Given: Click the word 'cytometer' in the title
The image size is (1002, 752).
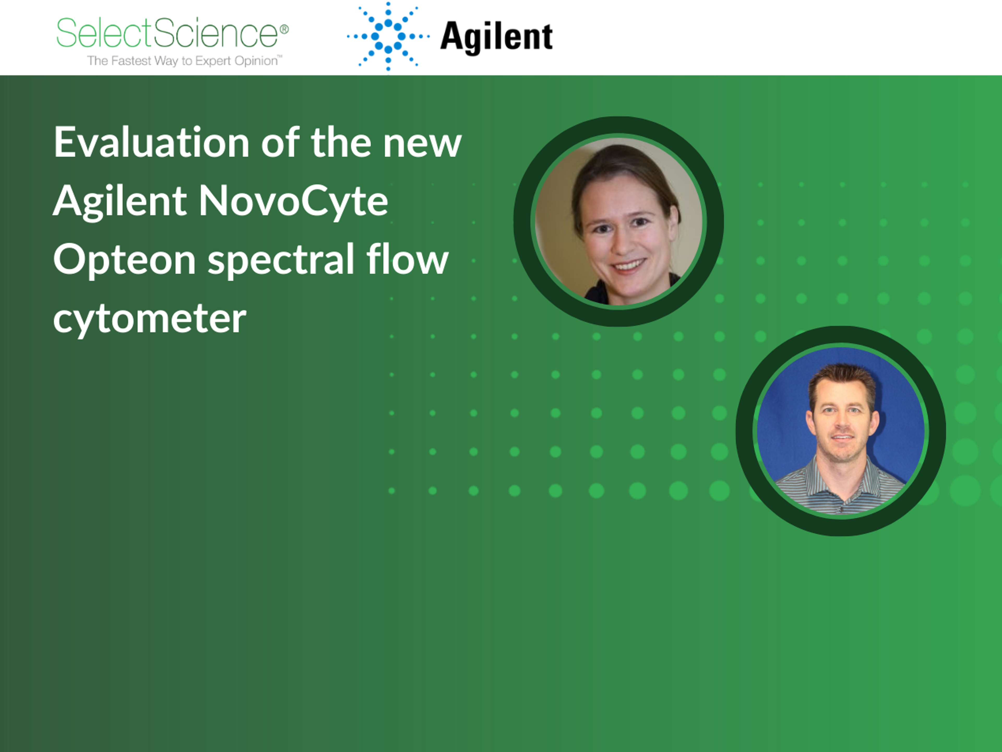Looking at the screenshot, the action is (x=150, y=319).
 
